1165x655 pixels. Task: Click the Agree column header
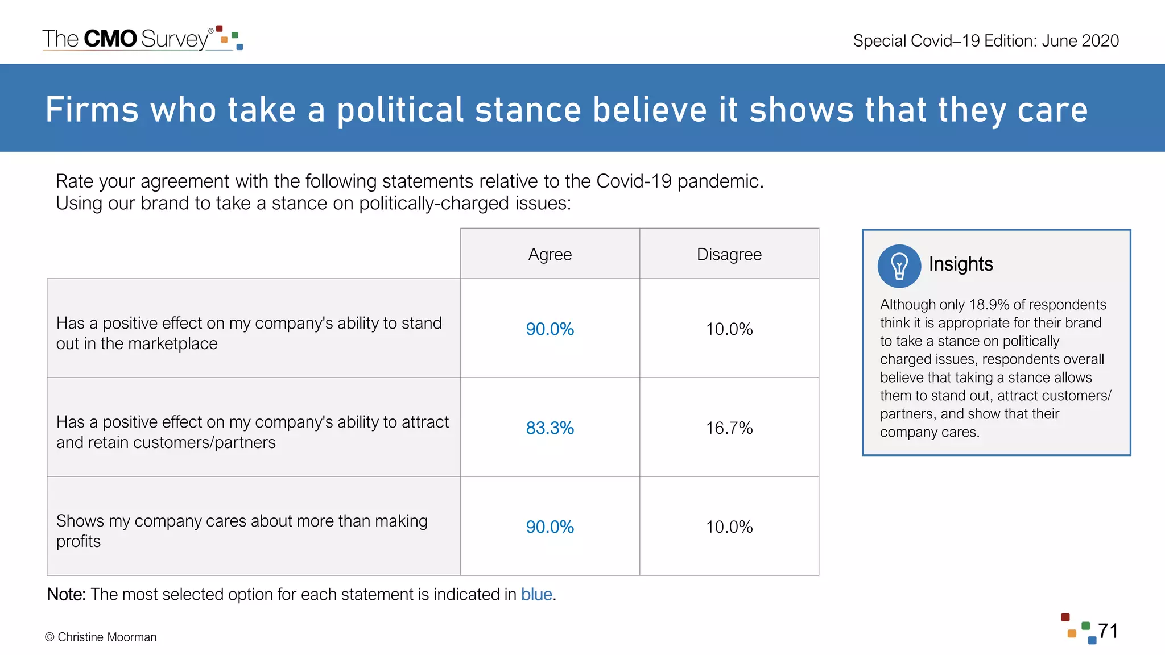(x=550, y=254)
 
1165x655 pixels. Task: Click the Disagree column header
(x=729, y=254)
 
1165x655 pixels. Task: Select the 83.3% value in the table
(x=550, y=428)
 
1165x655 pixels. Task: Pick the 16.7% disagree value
(x=729, y=428)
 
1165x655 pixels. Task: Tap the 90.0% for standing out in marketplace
(x=550, y=329)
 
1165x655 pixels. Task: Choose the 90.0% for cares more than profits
(x=550, y=527)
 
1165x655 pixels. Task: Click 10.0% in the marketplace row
(x=729, y=329)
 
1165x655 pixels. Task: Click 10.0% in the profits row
(x=729, y=527)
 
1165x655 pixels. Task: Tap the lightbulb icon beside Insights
(x=899, y=266)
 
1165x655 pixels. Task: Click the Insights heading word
(x=960, y=264)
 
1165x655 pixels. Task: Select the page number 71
(x=1108, y=631)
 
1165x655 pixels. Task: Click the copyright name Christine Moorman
(x=107, y=637)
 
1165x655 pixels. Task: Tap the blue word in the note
(x=536, y=594)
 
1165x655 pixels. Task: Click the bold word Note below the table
(x=66, y=594)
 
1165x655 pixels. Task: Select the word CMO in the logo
(x=110, y=39)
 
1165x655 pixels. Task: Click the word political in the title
(x=400, y=110)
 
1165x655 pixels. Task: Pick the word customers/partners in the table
(x=204, y=442)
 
